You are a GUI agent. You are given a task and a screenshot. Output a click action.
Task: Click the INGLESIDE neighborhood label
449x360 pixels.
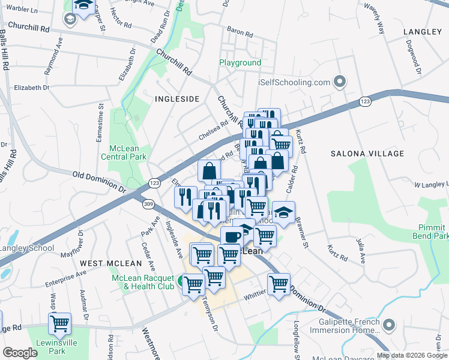(176, 98)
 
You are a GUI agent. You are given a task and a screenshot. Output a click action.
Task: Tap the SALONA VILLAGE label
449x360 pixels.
(361, 154)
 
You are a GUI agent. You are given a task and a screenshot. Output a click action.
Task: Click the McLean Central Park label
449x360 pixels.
(128, 152)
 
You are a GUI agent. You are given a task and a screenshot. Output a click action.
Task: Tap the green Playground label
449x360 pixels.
(240, 62)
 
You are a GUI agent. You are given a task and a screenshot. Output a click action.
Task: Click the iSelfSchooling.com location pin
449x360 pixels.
(340, 82)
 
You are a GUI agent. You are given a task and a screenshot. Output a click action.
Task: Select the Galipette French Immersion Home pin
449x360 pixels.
(389, 325)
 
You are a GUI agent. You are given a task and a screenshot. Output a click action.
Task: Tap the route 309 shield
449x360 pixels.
(148, 205)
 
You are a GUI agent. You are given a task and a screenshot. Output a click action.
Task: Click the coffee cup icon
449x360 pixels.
(232, 236)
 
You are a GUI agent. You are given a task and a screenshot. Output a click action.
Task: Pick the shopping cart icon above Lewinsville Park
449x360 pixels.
(59, 323)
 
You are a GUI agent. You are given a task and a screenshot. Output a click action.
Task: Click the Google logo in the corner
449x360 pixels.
(20, 353)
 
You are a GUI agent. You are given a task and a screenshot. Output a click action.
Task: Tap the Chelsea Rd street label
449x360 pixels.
(214, 130)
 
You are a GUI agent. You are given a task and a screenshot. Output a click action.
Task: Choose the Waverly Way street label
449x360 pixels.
(373, 24)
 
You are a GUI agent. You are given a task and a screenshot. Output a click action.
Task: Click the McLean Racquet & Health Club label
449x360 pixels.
(141, 282)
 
